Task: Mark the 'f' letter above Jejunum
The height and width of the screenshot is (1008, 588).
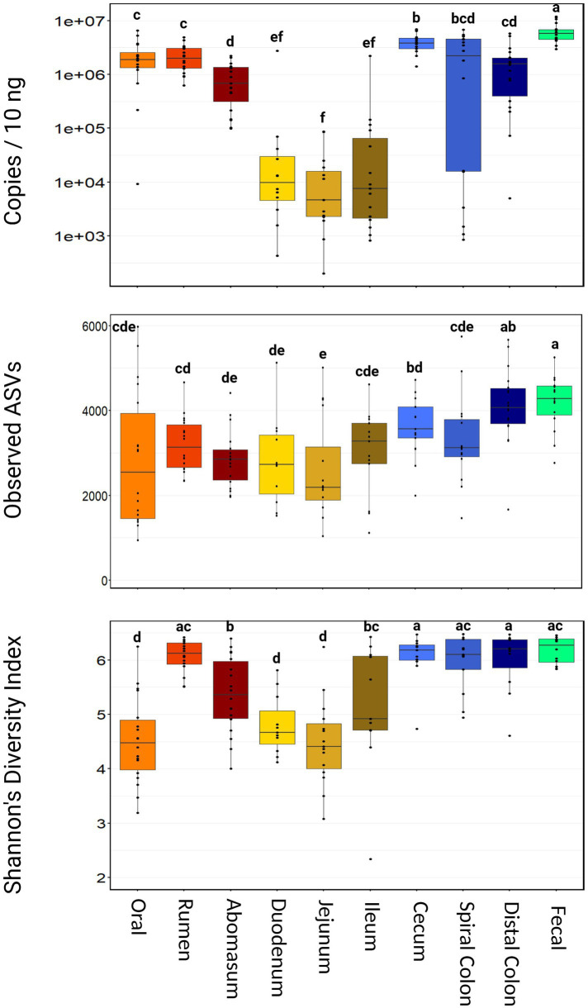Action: (x=324, y=116)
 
